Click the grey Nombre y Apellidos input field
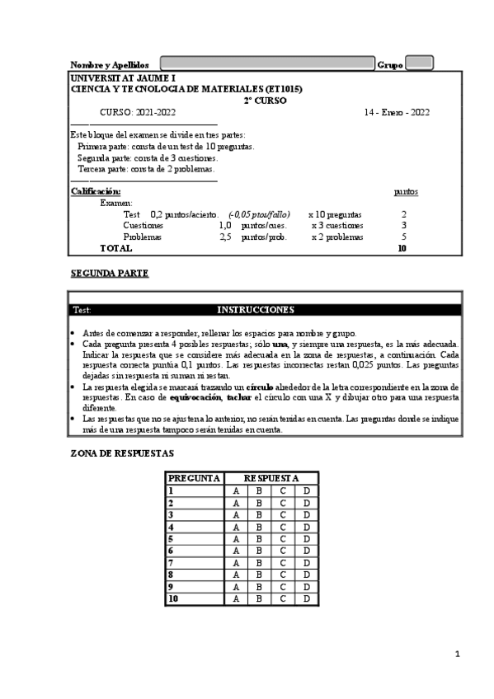pyautogui.click(x=266, y=63)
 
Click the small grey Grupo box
pyautogui.click(x=420, y=63)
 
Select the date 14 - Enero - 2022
pyautogui.click(x=397, y=112)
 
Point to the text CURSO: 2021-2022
pyautogui.click(x=138, y=112)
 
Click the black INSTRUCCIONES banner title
pyautogui.click(x=255, y=310)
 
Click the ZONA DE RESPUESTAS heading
pyautogui.click(x=122, y=453)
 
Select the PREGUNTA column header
pyautogui.click(x=194, y=478)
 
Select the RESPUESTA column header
pyautogui.click(x=271, y=478)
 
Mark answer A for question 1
pyautogui.click(x=236, y=490)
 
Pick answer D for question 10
pyautogui.click(x=306, y=599)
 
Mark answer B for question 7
pyautogui.click(x=259, y=563)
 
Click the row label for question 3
pyautogui.click(x=171, y=514)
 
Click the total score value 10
pyautogui.click(x=402, y=248)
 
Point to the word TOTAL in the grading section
pyautogui.click(x=115, y=248)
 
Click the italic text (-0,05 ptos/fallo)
pyautogui.click(x=259, y=214)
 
